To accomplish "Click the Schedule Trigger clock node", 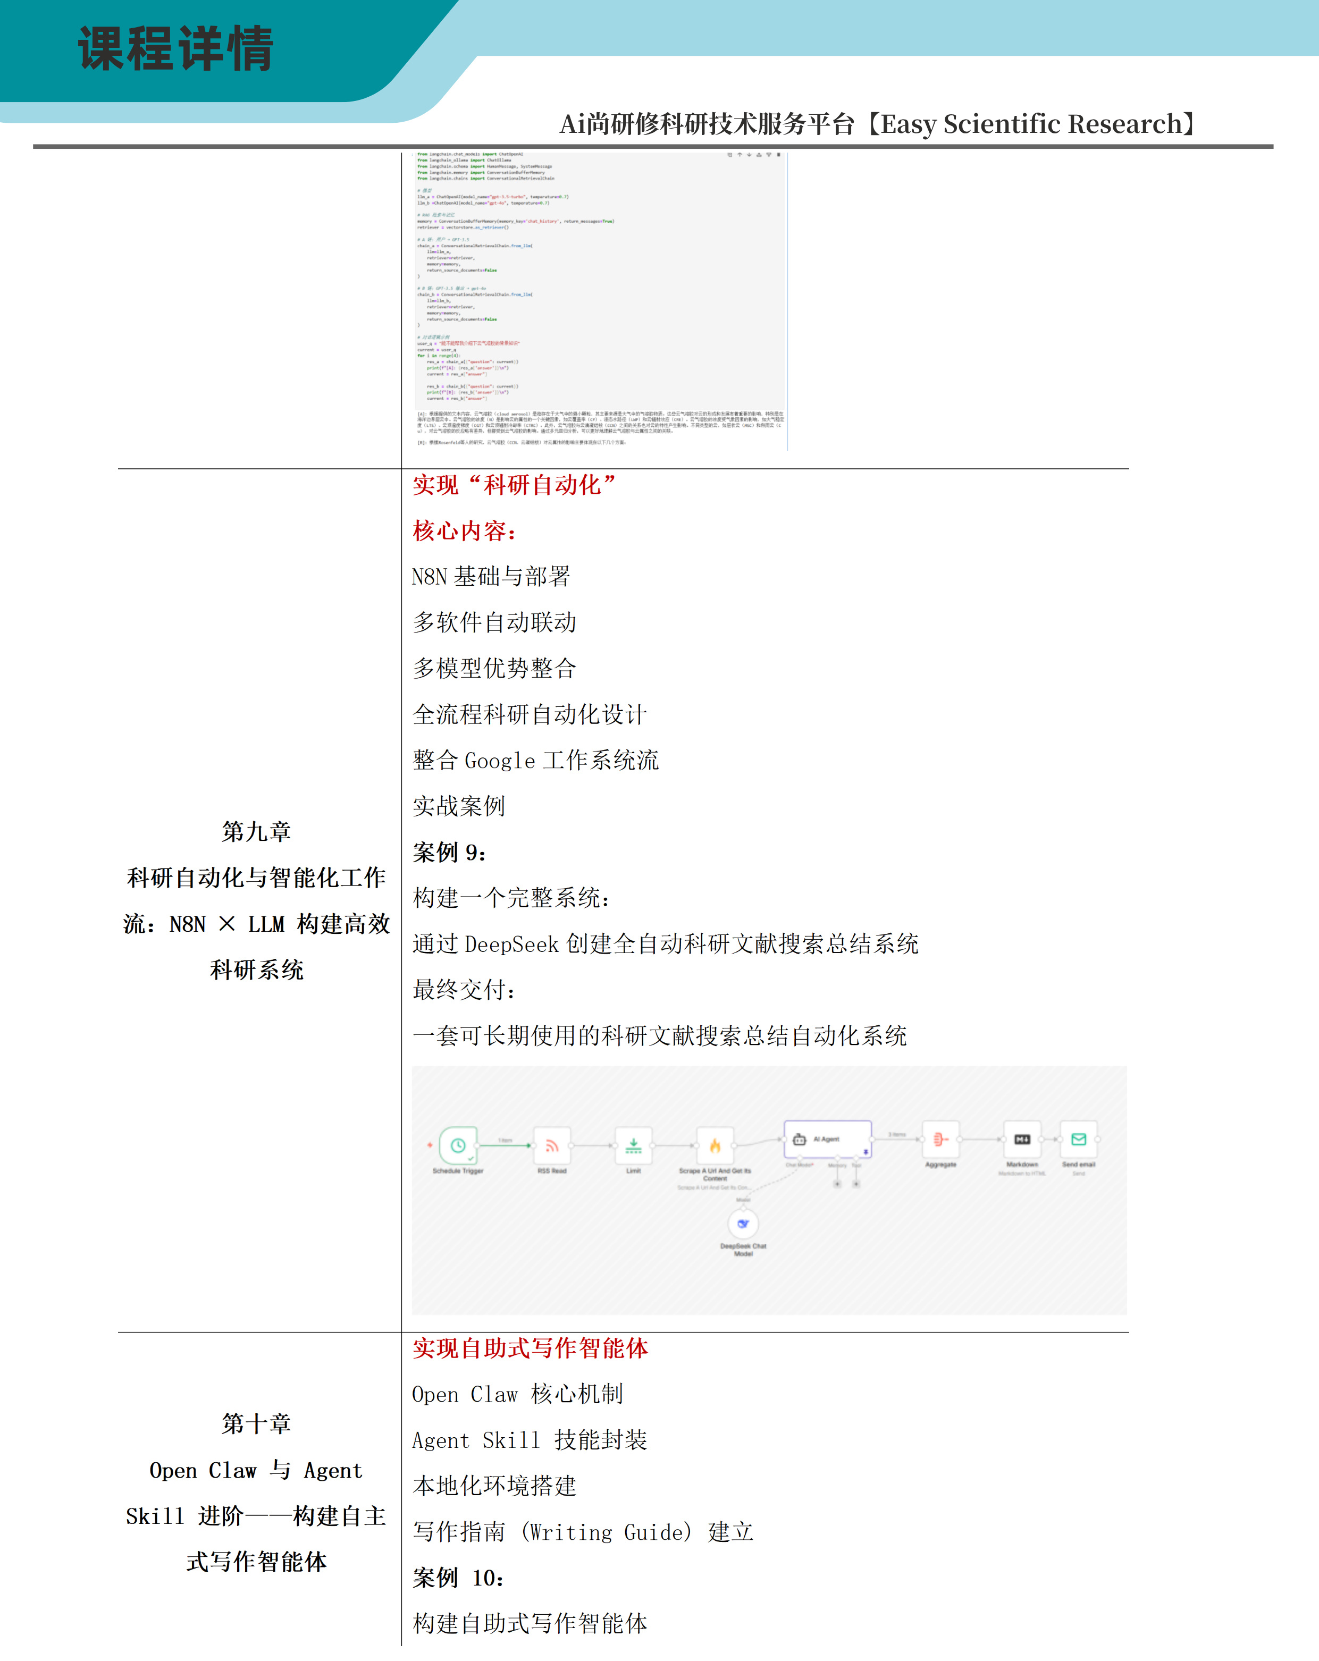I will pyautogui.click(x=458, y=1145).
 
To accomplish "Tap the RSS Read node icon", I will pyautogui.click(x=552, y=1145).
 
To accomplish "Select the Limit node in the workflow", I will pyautogui.click(x=633, y=1145).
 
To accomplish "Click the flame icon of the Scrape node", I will pyautogui.click(x=715, y=1145).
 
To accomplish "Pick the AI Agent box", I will pyautogui.click(x=827, y=1139).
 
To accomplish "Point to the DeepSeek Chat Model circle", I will pyautogui.click(x=743, y=1224).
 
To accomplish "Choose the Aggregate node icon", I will pyautogui.click(x=940, y=1140).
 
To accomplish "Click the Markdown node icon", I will pyautogui.click(x=1022, y=1140).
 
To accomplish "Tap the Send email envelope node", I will pyautogui.click(x=1079, y=1140).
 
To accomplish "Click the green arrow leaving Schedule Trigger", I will pyautogui.click(x=505, y=1145).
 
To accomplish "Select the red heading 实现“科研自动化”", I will pyautogui.click(x=514, y=485).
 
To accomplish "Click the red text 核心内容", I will pyautogui.click(x=463, y=531).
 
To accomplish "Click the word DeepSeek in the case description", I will pyautogui.click(x=511, y=945).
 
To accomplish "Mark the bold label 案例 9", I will pyautogui.click(x=449, y=853).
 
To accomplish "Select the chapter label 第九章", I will pyautogui.click(x=257, y=832).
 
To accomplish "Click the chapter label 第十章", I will pyautogui.click(x=257, y=1424).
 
